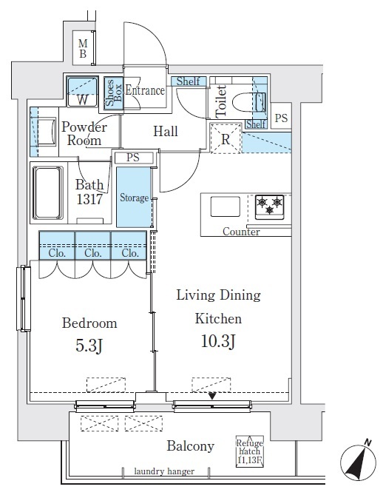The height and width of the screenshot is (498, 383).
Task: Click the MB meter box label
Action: click(83, 49)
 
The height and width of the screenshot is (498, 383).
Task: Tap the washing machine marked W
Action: click(82, 92)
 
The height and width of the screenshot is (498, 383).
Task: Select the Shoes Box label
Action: click(113, 93)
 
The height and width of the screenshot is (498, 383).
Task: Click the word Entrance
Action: click(145, 90)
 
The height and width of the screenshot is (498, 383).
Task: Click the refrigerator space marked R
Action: click(226, 138)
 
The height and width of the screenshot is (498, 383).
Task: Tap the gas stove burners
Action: click(269, 206)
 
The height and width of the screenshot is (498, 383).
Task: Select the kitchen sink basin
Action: click(226, 206)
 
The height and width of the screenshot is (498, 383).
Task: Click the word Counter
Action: click(241, 232)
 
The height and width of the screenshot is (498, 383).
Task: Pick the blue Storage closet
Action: click(134, 198)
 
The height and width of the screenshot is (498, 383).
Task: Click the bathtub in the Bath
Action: click(48, 193)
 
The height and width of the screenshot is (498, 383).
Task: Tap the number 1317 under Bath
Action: click(89, 199)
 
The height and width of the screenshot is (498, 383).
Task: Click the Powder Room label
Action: click(84, 133)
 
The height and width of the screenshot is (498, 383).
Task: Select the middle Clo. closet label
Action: click(93, 253)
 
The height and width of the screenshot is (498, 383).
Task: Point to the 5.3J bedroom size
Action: click(89, 346)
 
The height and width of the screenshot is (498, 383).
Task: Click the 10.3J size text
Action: click(218, 341)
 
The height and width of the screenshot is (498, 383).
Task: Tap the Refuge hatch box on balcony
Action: click(250, 451)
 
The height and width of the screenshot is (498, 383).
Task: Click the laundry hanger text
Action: click(164, 471)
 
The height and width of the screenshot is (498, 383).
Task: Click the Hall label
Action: click(166, 131)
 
